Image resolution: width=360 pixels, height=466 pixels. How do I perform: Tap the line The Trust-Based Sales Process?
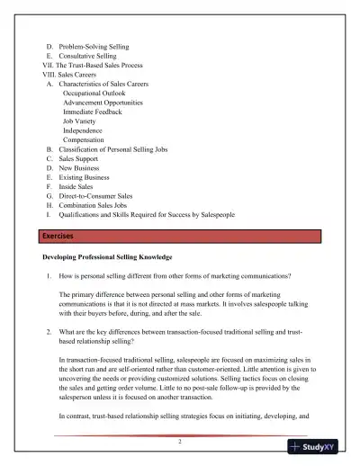[x=101, y=66]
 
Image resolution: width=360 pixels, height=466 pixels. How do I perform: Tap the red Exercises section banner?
[x=179, y=236]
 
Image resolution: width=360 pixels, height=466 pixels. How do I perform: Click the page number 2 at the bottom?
[x=179, y=442]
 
